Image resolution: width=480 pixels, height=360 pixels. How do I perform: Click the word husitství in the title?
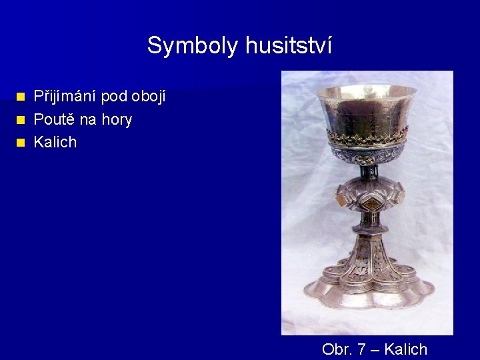288,46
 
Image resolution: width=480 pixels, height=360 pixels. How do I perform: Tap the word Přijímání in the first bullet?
65,97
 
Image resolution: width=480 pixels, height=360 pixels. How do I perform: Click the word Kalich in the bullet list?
55,142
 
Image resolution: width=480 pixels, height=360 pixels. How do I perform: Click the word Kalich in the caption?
406,349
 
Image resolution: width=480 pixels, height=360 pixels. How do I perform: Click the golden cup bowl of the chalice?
365,110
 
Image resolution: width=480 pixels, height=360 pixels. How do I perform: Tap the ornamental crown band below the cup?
365,139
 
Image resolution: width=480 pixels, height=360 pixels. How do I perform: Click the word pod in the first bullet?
114,97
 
